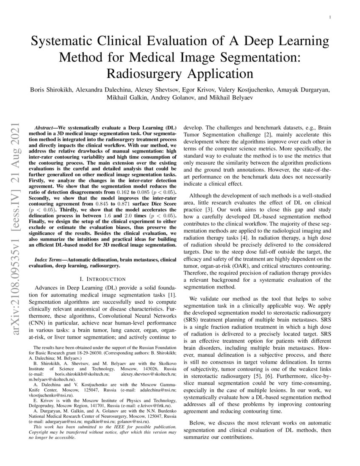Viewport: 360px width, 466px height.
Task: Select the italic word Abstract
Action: pos(44,127)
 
